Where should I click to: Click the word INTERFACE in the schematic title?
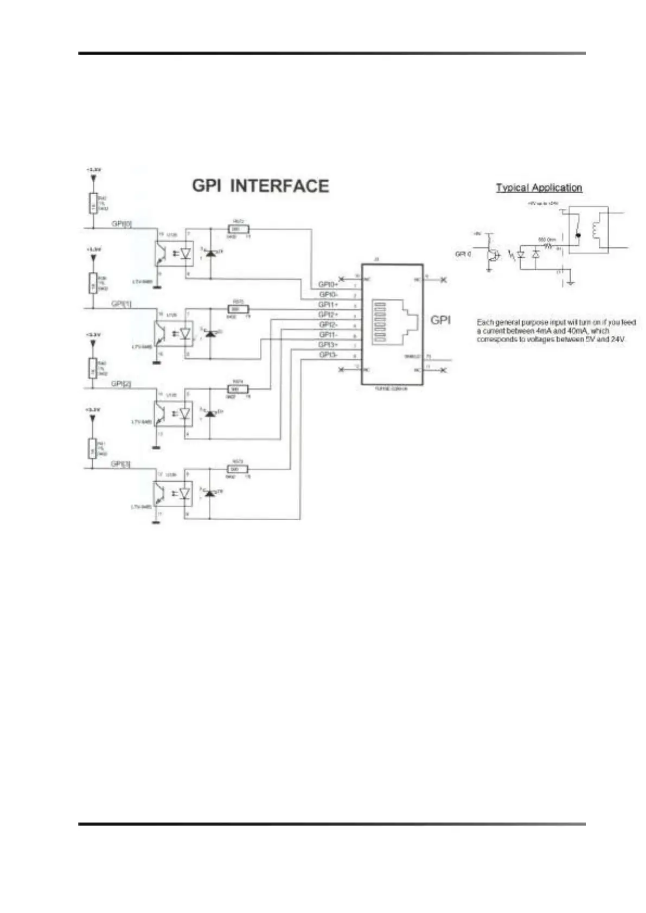[x=279, y=186]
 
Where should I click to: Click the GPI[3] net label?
[x=120, y=464]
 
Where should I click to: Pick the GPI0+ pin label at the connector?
[x=328, y=284]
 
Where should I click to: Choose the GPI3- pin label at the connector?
[x=328, y=355]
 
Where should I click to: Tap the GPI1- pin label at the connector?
[x=328, y=335]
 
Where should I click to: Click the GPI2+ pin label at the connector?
[x=328, y=315]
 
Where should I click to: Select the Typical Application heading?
[x=539, y=188]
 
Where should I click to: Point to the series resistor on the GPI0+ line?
[x=237, y=229]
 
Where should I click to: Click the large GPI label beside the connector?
[x=440, y=320]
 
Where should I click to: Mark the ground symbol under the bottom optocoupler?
[x=156, y=523]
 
